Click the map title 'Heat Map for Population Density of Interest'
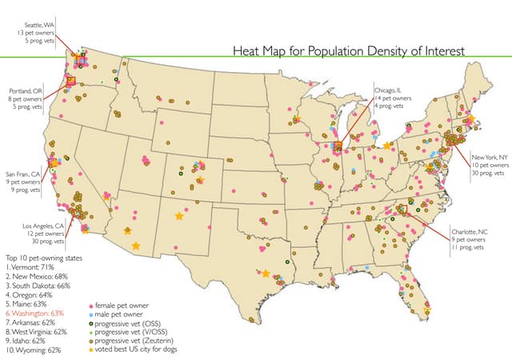pyautogui.click(x=347, y=51)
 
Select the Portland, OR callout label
pyautogui.click(x=26, y=98)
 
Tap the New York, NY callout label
pyautogui.click(x=489, y=164)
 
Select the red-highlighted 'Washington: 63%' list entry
pyautogui.click(x=35, y=313)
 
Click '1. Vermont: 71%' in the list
pyautogui.click(x=33, y=266)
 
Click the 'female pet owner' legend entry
pyautogui.click(x=120, y=306)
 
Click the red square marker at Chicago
pyautogui.click(x=338, y=146)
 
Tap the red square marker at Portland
pyautogui.click(x=71, y=80)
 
